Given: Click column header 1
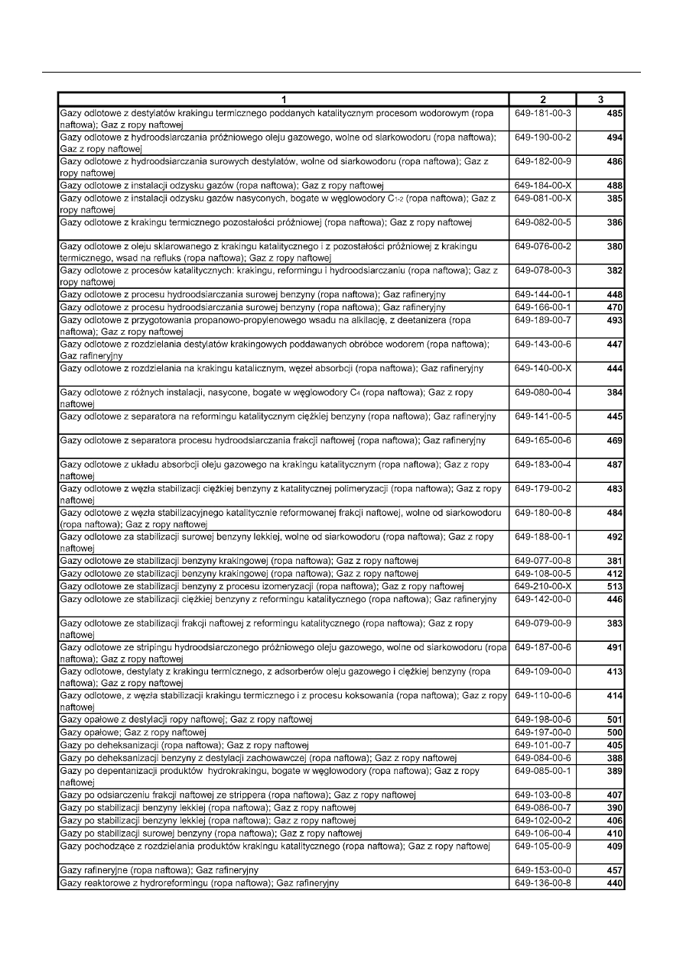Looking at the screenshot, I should pyautogui.click(x=284, y=99).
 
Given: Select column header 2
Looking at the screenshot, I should pyautogui.click(x=542, y=99).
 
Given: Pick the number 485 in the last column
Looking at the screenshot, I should pyautogui.click(x=614, y=114).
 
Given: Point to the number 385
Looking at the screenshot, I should pyautogui.click(x=614, y=199).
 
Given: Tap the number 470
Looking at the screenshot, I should pyautogui.click(x=614, y=307).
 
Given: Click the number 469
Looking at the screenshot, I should pyautogui.click(x=614, y=441).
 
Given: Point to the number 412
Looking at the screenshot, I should pyautogui.click(x=614, y=574).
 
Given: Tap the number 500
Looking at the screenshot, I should pyautogui.click(x=614, y=732).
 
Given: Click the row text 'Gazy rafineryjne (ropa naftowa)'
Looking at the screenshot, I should pyautogui.click(x=159, y=870).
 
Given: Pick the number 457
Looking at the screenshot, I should pyautogui.click(x=614, y=871).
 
